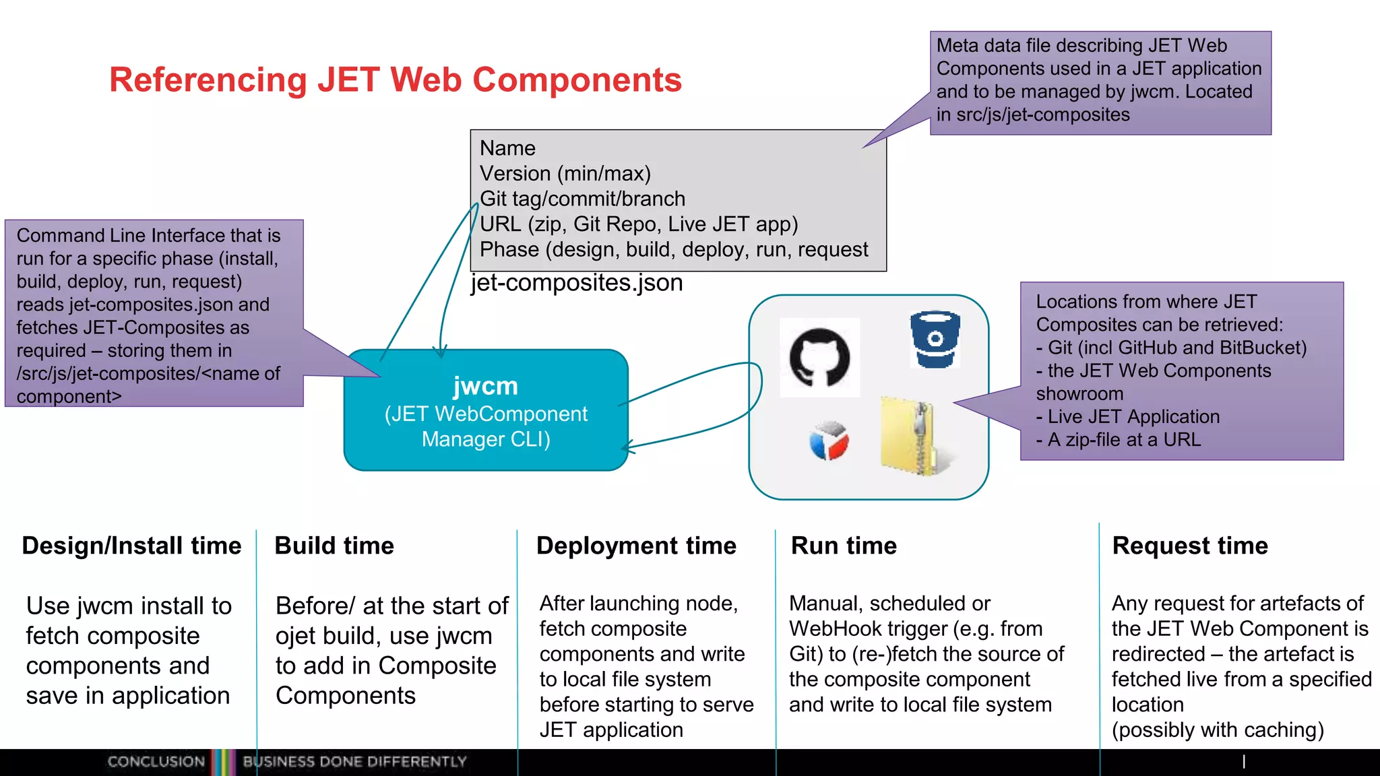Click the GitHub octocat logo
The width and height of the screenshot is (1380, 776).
819,357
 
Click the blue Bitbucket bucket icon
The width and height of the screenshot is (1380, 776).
935,339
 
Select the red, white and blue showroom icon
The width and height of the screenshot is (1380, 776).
829,441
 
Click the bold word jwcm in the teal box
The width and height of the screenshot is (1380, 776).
485,386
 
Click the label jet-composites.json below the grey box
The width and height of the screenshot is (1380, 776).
577,282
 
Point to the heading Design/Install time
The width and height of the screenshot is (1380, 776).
131,546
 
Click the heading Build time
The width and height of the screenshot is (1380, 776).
334,546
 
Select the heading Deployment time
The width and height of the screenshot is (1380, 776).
636,546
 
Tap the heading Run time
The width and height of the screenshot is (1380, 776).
844,546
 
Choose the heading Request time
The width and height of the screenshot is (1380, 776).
1190,546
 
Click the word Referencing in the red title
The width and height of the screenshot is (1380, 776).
208,80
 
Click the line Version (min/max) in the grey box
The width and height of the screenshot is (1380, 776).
565,174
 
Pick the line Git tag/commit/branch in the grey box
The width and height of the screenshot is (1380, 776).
582,199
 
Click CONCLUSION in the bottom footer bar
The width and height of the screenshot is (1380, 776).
156,762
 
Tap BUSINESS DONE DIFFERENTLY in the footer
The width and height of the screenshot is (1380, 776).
354,762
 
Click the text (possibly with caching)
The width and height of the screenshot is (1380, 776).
1217,730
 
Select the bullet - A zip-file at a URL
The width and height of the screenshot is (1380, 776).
1119,440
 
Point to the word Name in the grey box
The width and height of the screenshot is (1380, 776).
507,148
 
